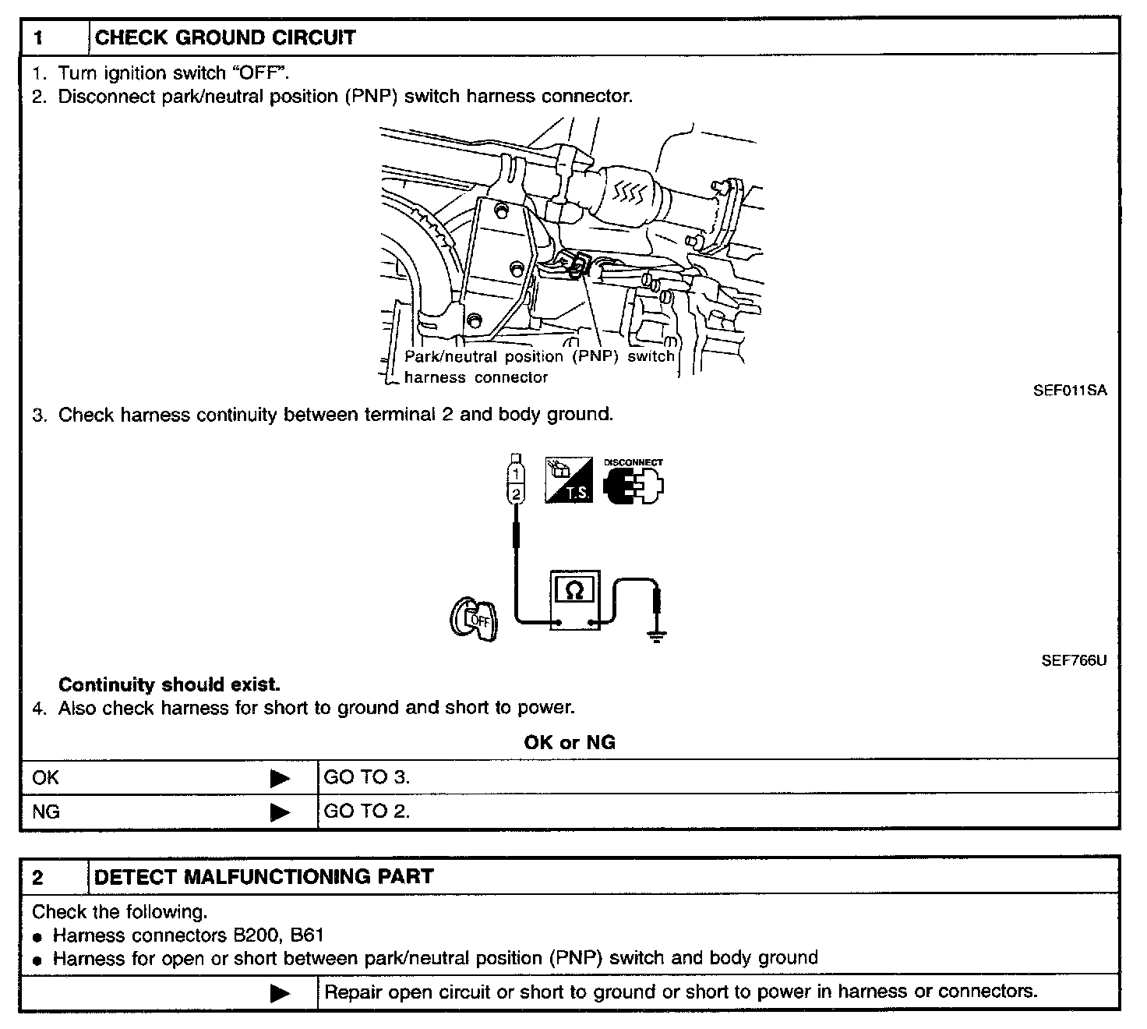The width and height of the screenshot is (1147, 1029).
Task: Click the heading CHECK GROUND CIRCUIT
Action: coord(224,37)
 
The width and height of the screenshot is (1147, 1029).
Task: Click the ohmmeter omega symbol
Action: coord(573,590)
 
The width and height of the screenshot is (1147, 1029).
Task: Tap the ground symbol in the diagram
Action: coord(657,635)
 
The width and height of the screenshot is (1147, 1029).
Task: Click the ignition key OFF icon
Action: coord(474,621)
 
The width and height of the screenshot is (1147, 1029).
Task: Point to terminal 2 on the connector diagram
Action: coord(515,493)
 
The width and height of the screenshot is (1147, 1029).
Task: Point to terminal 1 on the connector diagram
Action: coord(515,472)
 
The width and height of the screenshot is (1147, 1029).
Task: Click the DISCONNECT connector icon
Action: coord(634,483)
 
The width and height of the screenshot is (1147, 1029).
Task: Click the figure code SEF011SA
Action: coord(1070,391)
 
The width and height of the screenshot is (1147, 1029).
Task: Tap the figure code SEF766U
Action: coord(1074,660)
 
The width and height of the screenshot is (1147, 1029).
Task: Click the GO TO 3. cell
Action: coord(366,777)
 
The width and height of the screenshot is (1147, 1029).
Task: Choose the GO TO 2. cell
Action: coord(366,812)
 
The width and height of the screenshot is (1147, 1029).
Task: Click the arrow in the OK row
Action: coord(280,778)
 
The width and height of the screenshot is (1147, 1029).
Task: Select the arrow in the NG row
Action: coord(280,812)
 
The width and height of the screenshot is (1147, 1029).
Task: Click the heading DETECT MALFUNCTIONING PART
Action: coord(263,876)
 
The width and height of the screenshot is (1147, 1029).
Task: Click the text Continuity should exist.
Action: coord(169,684)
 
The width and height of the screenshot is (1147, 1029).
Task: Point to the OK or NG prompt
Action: coord(570,742)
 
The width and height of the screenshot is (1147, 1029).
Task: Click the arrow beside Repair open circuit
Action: coord(280,993)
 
